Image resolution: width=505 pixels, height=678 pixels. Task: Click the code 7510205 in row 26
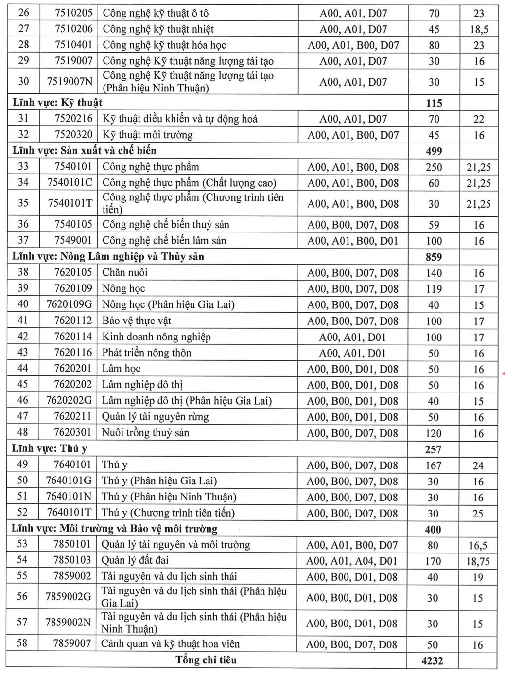(73, 13)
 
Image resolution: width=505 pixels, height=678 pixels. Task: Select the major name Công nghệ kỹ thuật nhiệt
(158, 29)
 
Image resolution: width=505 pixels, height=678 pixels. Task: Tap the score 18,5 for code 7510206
(479, 29)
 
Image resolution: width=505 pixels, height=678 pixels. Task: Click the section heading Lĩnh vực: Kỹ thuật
(57, 103)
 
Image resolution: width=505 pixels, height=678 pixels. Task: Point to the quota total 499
(434, 151)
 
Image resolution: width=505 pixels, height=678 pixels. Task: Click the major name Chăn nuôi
(124, 272)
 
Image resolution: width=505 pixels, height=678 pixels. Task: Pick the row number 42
(23, 337)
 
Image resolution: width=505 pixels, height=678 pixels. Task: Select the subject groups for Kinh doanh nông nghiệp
(352, 337)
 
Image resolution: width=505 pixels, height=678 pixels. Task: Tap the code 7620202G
(69, 401)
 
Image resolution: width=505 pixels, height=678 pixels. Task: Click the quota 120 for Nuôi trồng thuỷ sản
(433, 433)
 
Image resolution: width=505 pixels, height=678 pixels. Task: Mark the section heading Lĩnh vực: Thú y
(49, 448)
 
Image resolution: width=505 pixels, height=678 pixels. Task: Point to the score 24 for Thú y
(478, 465)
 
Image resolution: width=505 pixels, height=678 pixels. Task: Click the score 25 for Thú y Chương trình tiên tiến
(478, 514)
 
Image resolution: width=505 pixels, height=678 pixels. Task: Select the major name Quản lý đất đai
(135, 560)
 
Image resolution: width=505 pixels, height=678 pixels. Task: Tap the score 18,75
(478, 561)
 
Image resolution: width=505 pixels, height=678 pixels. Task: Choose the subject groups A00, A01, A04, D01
(351, 561)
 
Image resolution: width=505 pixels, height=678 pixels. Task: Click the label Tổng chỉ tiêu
(206, 660)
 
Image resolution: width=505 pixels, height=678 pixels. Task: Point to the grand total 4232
(432, 660)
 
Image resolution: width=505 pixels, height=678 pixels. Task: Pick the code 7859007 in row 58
(72, 643)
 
